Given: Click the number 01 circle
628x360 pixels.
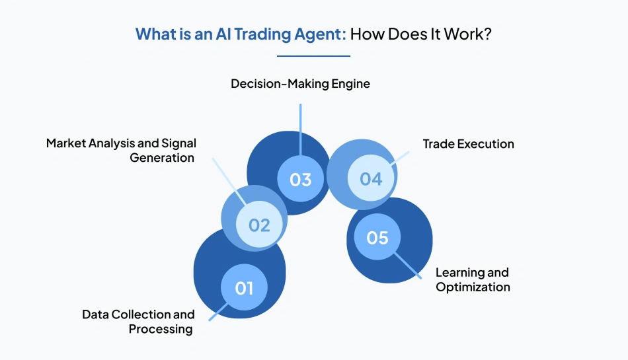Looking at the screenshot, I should [244, 287].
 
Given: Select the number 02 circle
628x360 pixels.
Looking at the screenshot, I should [259, 225].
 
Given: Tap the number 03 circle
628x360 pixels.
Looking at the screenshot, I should [300, 179].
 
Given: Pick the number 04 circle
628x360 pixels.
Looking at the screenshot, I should [371, 178].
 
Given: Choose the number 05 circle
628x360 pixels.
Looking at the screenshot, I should [377, 237].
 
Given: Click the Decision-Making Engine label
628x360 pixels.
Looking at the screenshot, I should [300, 84].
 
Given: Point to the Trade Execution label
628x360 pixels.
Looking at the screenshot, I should [468, 143].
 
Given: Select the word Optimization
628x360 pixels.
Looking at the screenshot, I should [473, 287].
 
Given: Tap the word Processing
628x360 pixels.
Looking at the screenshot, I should [161, 329].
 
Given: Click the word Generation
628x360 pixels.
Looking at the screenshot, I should [162, 158].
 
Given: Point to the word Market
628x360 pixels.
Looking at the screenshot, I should [66, 143].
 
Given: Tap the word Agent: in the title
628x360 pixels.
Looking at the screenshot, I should [321, 34].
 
